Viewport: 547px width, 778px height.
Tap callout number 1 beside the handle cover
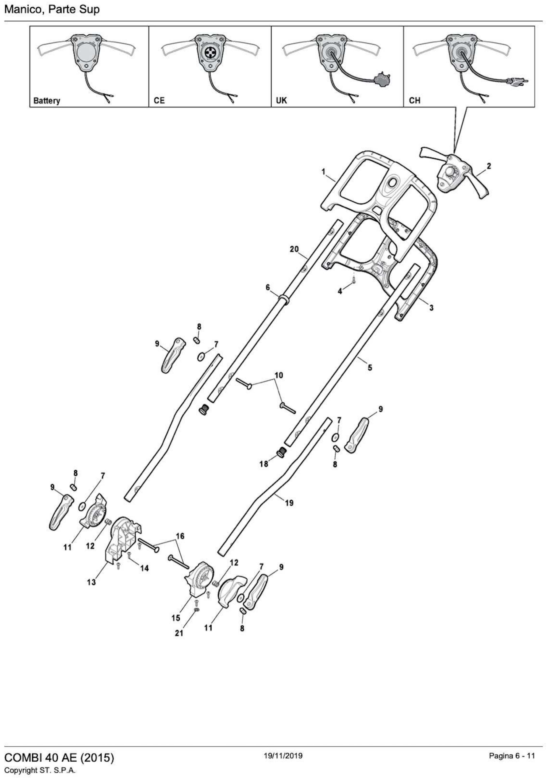tap(323, 172)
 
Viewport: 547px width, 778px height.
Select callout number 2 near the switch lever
tap(488, 166)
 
